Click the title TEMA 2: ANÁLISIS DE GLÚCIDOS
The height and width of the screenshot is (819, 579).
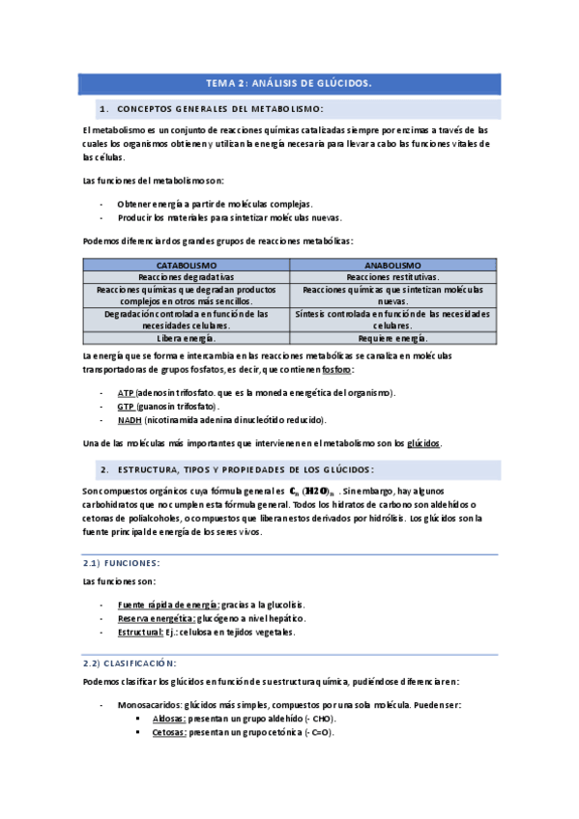coord(289,84)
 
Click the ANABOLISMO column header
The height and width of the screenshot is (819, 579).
coord(392,265)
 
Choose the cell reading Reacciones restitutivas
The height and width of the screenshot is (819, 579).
coord(392,276)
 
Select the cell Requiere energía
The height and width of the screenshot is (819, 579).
coord(392,338)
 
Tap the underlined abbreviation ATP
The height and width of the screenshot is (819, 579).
coord(126,393)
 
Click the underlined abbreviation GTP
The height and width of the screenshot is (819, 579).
coord(126,407)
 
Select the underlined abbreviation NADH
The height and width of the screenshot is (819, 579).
coord(130,420)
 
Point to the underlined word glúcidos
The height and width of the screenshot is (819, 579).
coord(423,443)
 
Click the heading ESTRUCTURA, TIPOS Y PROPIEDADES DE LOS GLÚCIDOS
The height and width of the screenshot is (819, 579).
coord(245,469)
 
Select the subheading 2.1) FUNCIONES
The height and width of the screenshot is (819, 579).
coord(121,562)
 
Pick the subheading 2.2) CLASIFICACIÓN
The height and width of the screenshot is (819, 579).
coord(129,664)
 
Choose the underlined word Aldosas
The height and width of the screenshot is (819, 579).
coord(168,720)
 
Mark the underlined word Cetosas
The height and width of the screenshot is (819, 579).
coord(169,733)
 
